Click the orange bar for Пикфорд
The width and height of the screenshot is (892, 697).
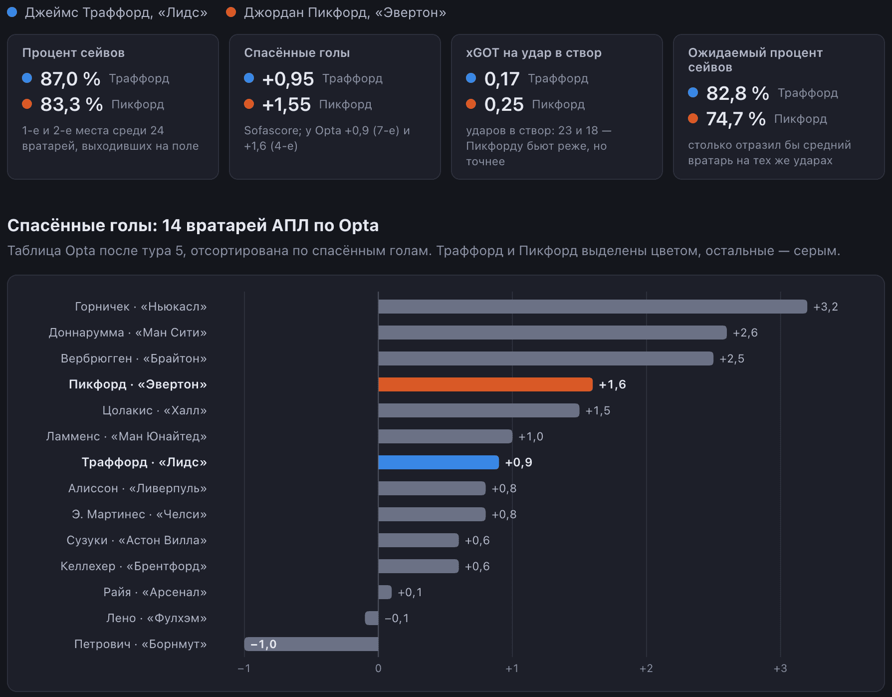[485, 384]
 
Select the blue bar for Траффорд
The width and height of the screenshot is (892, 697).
[439, 462]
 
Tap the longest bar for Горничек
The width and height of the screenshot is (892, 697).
[593, 307]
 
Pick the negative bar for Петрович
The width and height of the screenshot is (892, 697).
[311, 644]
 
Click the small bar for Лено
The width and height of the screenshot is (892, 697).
[372, 618]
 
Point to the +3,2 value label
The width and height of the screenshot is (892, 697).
[826, 307]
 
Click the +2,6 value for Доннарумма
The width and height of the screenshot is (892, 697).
[745, 333]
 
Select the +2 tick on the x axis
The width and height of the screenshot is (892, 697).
[646, 668]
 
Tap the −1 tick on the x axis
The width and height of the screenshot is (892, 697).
[244, 668]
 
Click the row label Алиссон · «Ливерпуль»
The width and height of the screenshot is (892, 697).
[138, 488]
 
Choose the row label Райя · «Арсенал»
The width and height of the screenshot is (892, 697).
[155, 592]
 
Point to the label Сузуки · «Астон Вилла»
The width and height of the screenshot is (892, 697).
[137, 540]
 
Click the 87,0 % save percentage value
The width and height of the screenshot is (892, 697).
[70, 79]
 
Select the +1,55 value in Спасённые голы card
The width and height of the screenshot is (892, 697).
[286, 105]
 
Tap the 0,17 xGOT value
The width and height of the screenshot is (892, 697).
[502, 79]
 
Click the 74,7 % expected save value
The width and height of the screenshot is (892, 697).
[736, 119]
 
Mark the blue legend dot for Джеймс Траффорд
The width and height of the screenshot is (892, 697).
[12, 12]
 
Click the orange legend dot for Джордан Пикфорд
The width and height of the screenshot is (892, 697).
[231, 12]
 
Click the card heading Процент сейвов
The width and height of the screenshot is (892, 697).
[73, 53]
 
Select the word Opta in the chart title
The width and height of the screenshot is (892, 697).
[359, 226]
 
